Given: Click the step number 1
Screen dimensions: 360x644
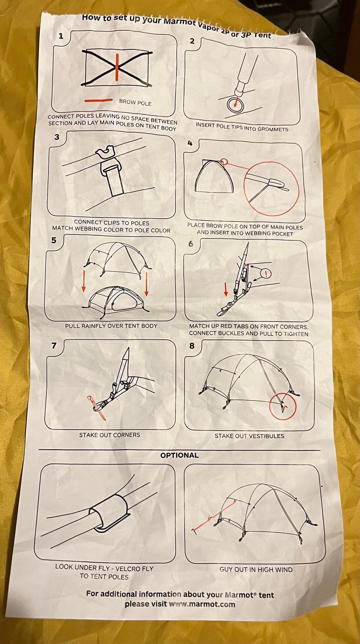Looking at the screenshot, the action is tap(61, 36).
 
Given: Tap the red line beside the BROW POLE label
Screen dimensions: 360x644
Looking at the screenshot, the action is tap(98, 101).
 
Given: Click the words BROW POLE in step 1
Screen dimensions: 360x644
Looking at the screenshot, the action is tap(135, 102).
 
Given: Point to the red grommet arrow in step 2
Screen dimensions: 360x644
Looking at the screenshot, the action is tap(236, 102).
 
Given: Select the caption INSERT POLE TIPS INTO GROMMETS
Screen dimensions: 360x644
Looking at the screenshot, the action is tap(242, 127).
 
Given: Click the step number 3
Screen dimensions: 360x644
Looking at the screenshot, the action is tap(57, 137).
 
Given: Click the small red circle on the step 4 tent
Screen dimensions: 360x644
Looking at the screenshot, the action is tap(224, 162).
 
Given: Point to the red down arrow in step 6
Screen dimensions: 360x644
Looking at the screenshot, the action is tap(226, 289).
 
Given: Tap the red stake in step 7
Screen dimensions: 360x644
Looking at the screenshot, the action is tap(97, 407).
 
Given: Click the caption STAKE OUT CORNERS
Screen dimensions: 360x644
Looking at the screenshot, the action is tap(109, 435).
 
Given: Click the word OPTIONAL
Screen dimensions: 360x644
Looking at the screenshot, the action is tap(179, 455).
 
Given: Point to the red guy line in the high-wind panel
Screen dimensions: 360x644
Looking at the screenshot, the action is tap(214, 516).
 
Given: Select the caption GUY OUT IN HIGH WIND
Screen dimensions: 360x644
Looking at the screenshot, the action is tap(256, 569).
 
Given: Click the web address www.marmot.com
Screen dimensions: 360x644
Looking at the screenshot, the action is tap(202, 604).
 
